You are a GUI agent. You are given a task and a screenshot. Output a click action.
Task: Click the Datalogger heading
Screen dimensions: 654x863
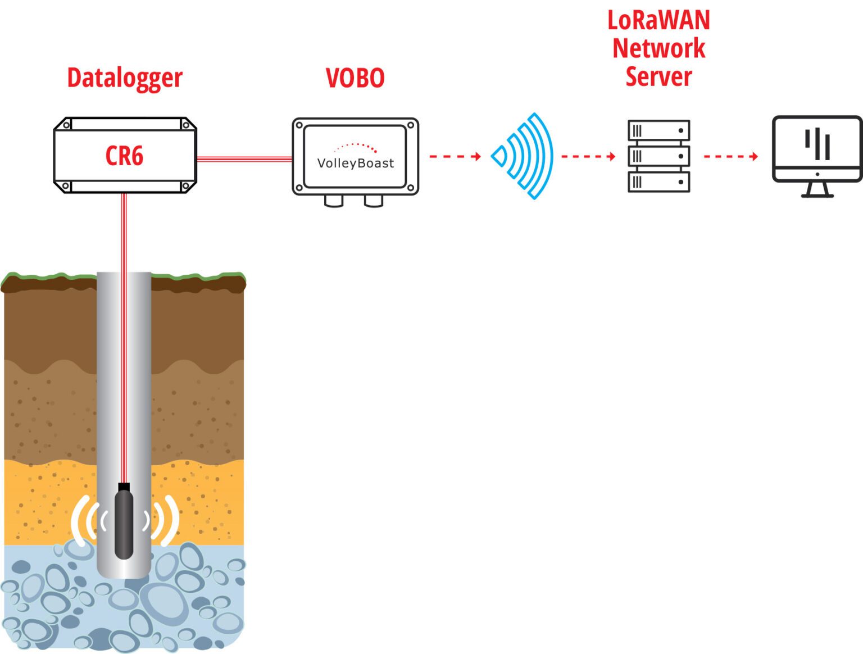point(125,78)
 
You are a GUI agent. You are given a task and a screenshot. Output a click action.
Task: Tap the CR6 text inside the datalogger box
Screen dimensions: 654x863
point(124,156)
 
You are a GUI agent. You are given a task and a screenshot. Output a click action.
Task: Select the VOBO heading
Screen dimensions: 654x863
point(355,78)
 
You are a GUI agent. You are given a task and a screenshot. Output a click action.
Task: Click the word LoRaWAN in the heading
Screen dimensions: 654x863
point(658,20)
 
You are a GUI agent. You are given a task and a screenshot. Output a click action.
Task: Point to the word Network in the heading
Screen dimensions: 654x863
point(658,48)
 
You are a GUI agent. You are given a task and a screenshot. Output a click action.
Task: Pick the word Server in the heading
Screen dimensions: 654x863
point(658,76)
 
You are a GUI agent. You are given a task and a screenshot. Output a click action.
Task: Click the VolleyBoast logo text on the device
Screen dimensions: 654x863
point(355,163)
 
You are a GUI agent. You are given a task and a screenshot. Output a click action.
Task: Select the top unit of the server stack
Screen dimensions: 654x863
point(658,130)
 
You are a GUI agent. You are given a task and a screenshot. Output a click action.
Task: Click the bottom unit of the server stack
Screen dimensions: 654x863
point(658,182)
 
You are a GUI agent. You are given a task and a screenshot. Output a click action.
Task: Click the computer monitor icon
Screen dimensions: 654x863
point(816,149)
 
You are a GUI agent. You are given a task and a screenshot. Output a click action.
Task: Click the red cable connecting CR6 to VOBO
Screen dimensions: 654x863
point(244,159)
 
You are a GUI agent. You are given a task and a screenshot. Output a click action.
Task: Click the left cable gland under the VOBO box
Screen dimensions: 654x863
point(334,201)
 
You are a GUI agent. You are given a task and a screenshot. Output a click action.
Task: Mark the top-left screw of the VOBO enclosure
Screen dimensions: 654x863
point(299,125)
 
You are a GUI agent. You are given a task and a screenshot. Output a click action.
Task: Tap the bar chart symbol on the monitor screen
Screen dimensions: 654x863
point(817,144)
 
